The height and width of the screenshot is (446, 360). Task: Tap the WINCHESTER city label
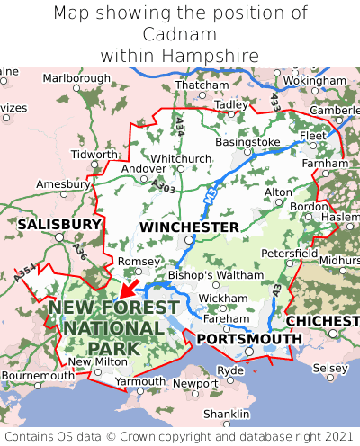click(x=188, y=227)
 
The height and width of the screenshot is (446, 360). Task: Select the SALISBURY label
click(x=59, y=223)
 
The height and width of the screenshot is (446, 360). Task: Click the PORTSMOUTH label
click(x=249, y=338)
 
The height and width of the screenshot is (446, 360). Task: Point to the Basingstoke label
click(x=248, y=142)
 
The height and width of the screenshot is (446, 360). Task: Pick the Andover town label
click(x=144, y=168)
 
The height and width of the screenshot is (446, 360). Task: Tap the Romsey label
click(x=139, y=261)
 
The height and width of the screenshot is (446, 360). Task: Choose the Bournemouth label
click(x=38, y=375)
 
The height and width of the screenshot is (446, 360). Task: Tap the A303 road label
click(x=164, y=186)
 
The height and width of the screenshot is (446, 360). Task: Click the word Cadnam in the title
click(x=180, y=35)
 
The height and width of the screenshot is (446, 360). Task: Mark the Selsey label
click(x=330, y=369)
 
